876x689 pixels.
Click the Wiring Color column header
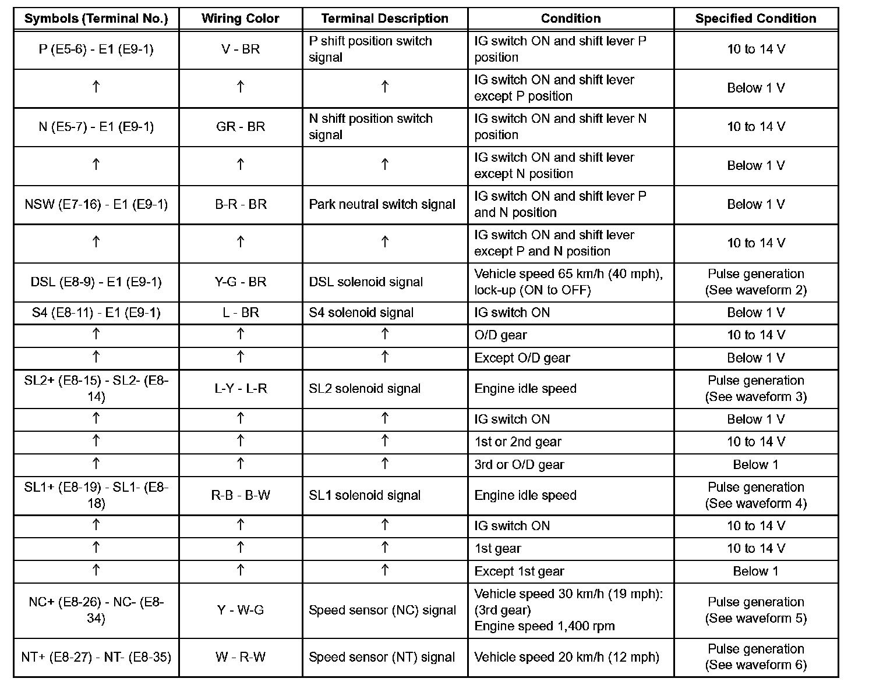coord(240,19)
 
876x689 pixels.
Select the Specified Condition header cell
coord(755,19)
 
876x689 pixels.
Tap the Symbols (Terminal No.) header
coord(96,19)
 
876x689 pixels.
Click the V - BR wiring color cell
coord(240,49)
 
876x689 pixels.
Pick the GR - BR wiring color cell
coord(240,127)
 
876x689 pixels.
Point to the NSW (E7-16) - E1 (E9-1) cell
coord(96,204)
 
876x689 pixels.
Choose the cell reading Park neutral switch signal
coord(382,204)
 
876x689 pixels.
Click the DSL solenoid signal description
coord(366,282)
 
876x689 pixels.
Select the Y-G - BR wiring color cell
coord(240,282)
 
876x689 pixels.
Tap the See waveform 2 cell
coord(755,282)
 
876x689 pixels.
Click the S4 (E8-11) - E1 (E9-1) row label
coord(96,312)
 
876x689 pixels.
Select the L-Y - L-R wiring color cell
coord(240,389)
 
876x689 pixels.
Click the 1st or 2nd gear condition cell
coord(518,442)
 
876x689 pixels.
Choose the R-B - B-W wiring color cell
coord(240,495)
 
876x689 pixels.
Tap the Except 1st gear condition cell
coord(519,571)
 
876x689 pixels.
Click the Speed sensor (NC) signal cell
coord(382,610)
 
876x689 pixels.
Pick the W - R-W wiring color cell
coord(240,657)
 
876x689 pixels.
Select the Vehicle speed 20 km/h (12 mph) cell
coord(566,657)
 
